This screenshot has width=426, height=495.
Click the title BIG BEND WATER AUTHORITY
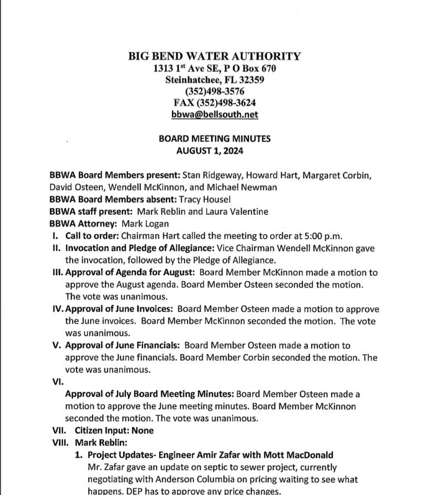pyautogui.click(x=215, y=56)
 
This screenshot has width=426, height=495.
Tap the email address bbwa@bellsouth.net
pyautogui.click(x=215, y=114)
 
